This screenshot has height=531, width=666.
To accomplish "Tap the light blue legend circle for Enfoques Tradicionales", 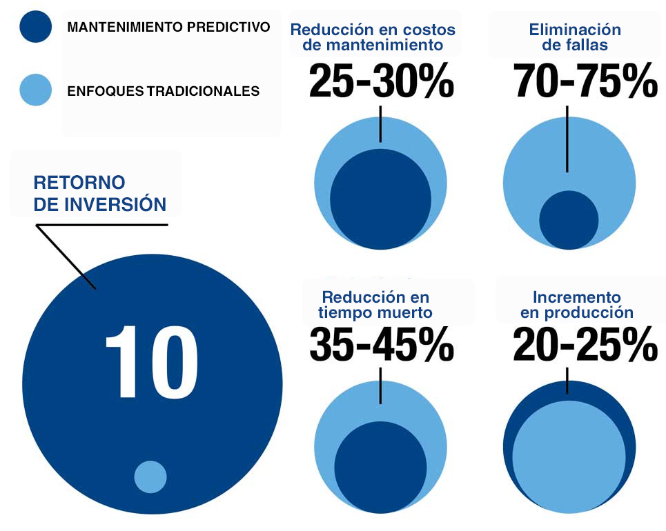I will coord(35,90).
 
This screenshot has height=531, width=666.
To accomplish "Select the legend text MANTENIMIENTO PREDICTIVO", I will coord(168,28).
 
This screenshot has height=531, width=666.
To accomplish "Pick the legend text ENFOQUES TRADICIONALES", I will coord(163,90).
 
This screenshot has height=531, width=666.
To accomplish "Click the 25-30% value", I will coord(381,81).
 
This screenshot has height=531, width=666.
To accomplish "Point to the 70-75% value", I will coord(586,81).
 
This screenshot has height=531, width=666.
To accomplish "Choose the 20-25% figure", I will coord(585,343).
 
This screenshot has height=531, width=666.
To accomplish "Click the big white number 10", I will coord(151,362).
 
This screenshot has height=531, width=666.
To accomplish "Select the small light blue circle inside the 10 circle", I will coord(150,477).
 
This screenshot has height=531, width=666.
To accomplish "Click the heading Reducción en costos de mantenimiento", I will coord(373,38).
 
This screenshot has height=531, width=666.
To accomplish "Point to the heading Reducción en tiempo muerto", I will coord(375,305).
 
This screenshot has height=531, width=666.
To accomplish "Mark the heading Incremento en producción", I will coord(576,305).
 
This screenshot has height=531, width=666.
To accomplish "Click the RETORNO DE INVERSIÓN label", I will coord(99,194).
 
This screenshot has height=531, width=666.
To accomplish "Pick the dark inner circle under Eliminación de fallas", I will coord(569,220).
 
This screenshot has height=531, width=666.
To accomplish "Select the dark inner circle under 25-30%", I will coord(381,199).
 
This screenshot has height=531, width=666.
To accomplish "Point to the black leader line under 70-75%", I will coord(567,138).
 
